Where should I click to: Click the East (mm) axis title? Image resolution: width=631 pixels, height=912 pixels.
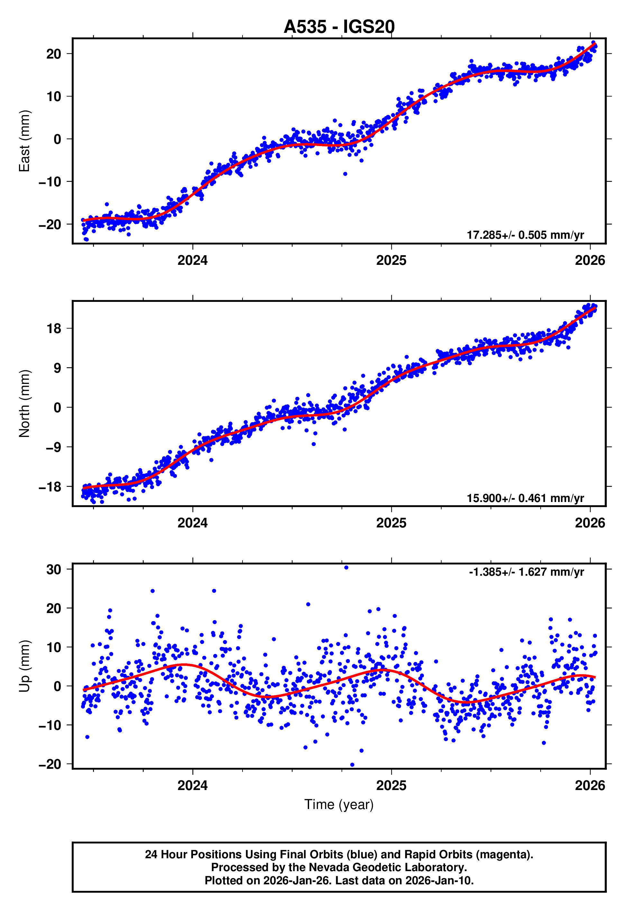[24, 141]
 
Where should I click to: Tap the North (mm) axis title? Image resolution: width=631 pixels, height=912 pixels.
[24, 404]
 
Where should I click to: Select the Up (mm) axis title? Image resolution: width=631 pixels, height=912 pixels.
[24, 666]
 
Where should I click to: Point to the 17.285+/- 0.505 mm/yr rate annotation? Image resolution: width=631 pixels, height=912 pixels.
[525, 235]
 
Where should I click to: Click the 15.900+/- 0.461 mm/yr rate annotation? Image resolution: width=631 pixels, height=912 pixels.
[525, 498]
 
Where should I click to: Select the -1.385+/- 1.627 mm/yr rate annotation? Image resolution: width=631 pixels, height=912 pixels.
[526, 572]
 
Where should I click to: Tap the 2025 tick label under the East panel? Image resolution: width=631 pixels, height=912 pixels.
[391, 260]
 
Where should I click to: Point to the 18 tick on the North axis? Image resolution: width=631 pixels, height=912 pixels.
[54, 329]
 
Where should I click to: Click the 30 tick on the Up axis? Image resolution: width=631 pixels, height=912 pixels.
[53, 570]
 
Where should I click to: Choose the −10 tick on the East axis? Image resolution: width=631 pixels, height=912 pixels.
[50, 182]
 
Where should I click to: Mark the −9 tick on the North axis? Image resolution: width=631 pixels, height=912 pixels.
[53, 447]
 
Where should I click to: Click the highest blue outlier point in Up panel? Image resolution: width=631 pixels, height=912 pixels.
[346, 568]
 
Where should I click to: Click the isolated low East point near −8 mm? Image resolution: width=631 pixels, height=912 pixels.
[345, 174]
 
